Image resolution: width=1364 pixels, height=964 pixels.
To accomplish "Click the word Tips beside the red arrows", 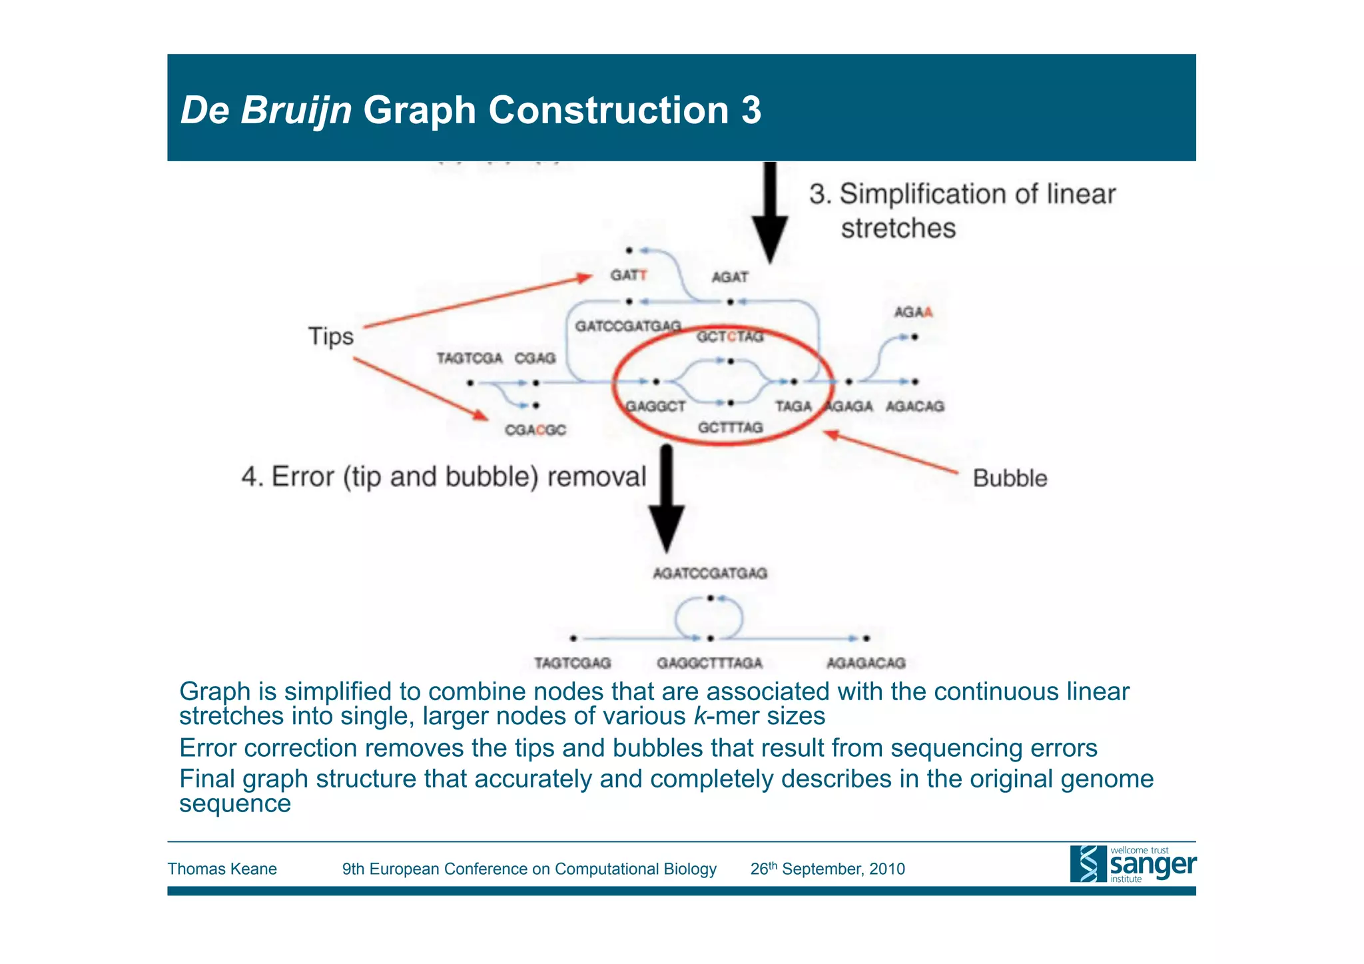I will point(330,336).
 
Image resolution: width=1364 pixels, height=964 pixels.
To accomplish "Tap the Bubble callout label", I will point(1009,478).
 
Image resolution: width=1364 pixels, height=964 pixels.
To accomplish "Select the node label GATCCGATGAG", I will point(627,326).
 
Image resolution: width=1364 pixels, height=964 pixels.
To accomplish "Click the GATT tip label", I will point(628,275).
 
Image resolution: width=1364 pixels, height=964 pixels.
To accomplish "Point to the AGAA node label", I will point(912,312).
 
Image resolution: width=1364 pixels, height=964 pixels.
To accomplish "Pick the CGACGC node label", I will point(535,430).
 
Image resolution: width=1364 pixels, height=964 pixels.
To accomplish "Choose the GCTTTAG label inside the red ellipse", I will point(730,427).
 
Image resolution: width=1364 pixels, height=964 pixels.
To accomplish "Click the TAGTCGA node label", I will point(469,358).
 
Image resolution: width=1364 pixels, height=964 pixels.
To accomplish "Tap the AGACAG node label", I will point(914,406).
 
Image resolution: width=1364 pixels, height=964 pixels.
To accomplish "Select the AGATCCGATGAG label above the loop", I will point(709,573).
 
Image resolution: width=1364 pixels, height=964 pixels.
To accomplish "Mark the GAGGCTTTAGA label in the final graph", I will point(709,663).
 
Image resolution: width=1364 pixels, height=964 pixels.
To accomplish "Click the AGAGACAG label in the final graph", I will point(866,663).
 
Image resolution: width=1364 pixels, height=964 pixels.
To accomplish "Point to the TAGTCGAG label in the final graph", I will point(572,663).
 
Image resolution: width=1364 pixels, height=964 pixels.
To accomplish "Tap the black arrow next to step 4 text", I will point(667,500).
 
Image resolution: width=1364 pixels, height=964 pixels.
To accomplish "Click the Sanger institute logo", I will point(1132,864).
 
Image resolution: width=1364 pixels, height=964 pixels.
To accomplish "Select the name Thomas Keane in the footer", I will point(222,869).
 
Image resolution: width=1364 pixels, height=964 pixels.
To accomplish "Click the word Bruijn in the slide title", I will point(296,110).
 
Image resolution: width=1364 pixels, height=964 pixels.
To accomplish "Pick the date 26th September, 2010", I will point(827,869).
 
